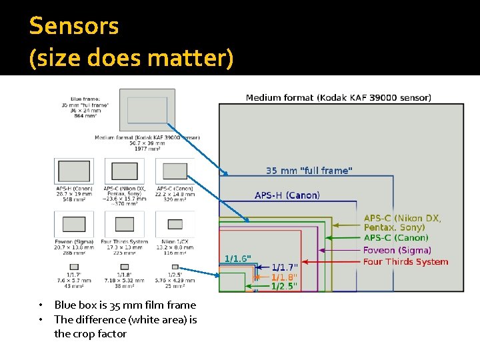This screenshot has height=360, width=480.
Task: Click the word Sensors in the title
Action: tap(74, 26)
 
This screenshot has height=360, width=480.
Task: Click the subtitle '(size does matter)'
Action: tap(131, 58)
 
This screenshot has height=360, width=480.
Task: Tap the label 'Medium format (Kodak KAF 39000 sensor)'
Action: tap(338, 98)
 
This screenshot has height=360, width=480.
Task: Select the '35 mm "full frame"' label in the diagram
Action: tap(309, 171)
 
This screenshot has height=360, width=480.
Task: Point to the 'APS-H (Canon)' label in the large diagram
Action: tap(287, 195)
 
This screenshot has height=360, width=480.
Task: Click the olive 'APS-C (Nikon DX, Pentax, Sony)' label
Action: tap(402, 223)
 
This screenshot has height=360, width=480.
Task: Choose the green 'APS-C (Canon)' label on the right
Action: tap(396, 237)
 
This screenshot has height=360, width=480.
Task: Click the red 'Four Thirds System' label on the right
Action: tap(405, 262)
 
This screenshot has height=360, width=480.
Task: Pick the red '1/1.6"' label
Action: tap(237, 258)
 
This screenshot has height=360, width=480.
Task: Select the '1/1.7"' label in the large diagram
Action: tap(285, 267)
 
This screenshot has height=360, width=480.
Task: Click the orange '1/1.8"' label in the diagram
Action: tap(284, 277)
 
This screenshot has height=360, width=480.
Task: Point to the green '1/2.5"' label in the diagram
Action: tap(284, 287)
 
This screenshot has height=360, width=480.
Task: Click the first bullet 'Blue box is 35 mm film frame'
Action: tap(125, 305)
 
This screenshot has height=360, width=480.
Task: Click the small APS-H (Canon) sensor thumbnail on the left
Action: tap(74, 171)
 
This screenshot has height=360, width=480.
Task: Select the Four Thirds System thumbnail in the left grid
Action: tap(125, 224)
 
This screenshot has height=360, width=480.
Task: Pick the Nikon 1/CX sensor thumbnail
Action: tap(175, 224)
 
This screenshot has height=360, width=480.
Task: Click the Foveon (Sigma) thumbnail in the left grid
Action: tap(74, 224)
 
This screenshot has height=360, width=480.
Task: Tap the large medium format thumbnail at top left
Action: tap(147, 110)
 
